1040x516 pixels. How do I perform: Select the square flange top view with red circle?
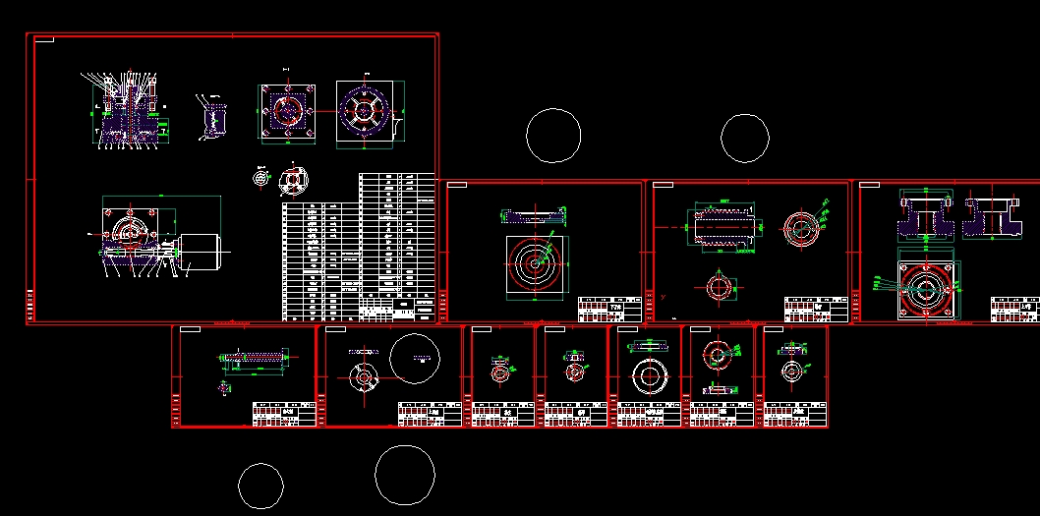(x=287, y=112)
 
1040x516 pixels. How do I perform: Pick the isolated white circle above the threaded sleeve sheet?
(x=745, y=138)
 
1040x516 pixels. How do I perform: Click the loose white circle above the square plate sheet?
(x=553, y=135)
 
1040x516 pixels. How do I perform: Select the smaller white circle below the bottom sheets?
(x=261, y=486)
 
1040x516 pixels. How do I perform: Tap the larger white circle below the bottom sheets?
(x=405, y=475)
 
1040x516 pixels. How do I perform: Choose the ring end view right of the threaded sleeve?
(x=801, y=229)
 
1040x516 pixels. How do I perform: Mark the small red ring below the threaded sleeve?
(x=719, y=288)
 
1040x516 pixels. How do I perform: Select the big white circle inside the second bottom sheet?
(x=414, y=358)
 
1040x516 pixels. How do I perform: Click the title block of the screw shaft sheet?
(x=284, y=414)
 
